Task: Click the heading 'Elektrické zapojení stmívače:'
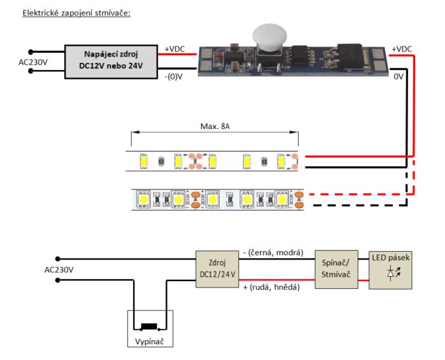coord(76,13)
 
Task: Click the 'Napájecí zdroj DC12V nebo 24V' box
coord(111,62)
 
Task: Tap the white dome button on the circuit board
coord(269,36)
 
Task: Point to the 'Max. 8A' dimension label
coord(215,126)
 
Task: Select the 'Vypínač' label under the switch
coord(150,342)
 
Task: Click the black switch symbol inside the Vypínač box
coord(149,326)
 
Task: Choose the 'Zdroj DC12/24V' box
coord(217,269)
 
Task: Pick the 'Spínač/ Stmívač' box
coord(336,269)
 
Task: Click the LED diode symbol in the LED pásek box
coord(393,273)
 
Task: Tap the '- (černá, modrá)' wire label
coord(273,253)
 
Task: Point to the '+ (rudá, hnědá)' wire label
coord(271,287)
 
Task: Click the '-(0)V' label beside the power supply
coord(173,76)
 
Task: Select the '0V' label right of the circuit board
coord(398,76)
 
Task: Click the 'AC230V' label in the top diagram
coord(33,62)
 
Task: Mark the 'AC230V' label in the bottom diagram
coord(59,270)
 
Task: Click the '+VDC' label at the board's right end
coord(402,49)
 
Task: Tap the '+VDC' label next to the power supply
coord(174,49)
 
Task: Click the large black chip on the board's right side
coord(350,56)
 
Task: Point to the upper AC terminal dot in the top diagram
coord(31,52)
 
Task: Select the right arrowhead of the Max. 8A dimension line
coord(294,132)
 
